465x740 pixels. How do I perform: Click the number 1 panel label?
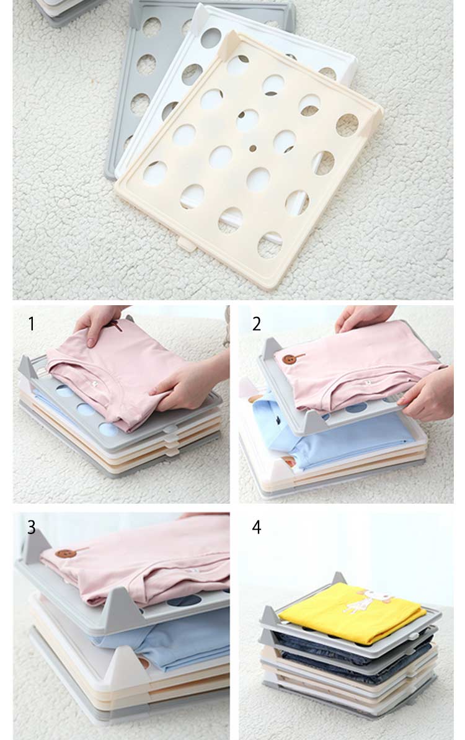(x=31, y=324)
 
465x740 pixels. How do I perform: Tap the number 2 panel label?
(x=257, y=324)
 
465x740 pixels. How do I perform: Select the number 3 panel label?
(x=31, y=527)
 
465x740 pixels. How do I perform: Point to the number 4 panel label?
(x=257, y=527)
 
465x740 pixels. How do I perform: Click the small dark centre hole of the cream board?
(x=253, y=148)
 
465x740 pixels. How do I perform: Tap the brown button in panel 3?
(x=66, y=553)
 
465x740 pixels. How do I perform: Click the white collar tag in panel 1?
(x=95, y=384)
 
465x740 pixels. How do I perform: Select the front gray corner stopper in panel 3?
(x=121, y=608)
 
